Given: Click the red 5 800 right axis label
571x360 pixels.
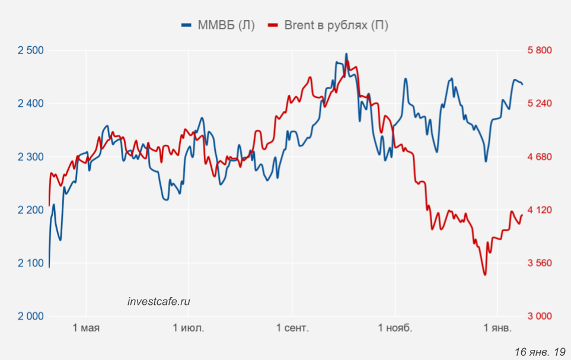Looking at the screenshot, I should click(540, 50).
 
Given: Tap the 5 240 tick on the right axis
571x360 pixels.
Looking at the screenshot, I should click(540, 104).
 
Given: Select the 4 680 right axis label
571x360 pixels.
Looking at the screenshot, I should click(540, 157).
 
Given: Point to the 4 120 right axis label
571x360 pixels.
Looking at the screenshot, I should click(540, 210).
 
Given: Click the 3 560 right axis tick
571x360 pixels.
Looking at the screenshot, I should click(540, 263).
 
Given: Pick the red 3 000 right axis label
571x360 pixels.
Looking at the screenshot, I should click(540, 316).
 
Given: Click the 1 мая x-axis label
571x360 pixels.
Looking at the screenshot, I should click(87, 328).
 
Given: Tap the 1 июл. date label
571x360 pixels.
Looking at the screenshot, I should click(189, 328).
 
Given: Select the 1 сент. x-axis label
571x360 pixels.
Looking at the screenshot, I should click(292, 328).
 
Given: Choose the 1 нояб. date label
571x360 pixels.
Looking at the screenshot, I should click(394, 328).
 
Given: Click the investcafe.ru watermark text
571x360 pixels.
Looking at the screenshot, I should click(159, 301).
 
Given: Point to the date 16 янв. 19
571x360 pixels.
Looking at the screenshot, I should click(540, 351).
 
